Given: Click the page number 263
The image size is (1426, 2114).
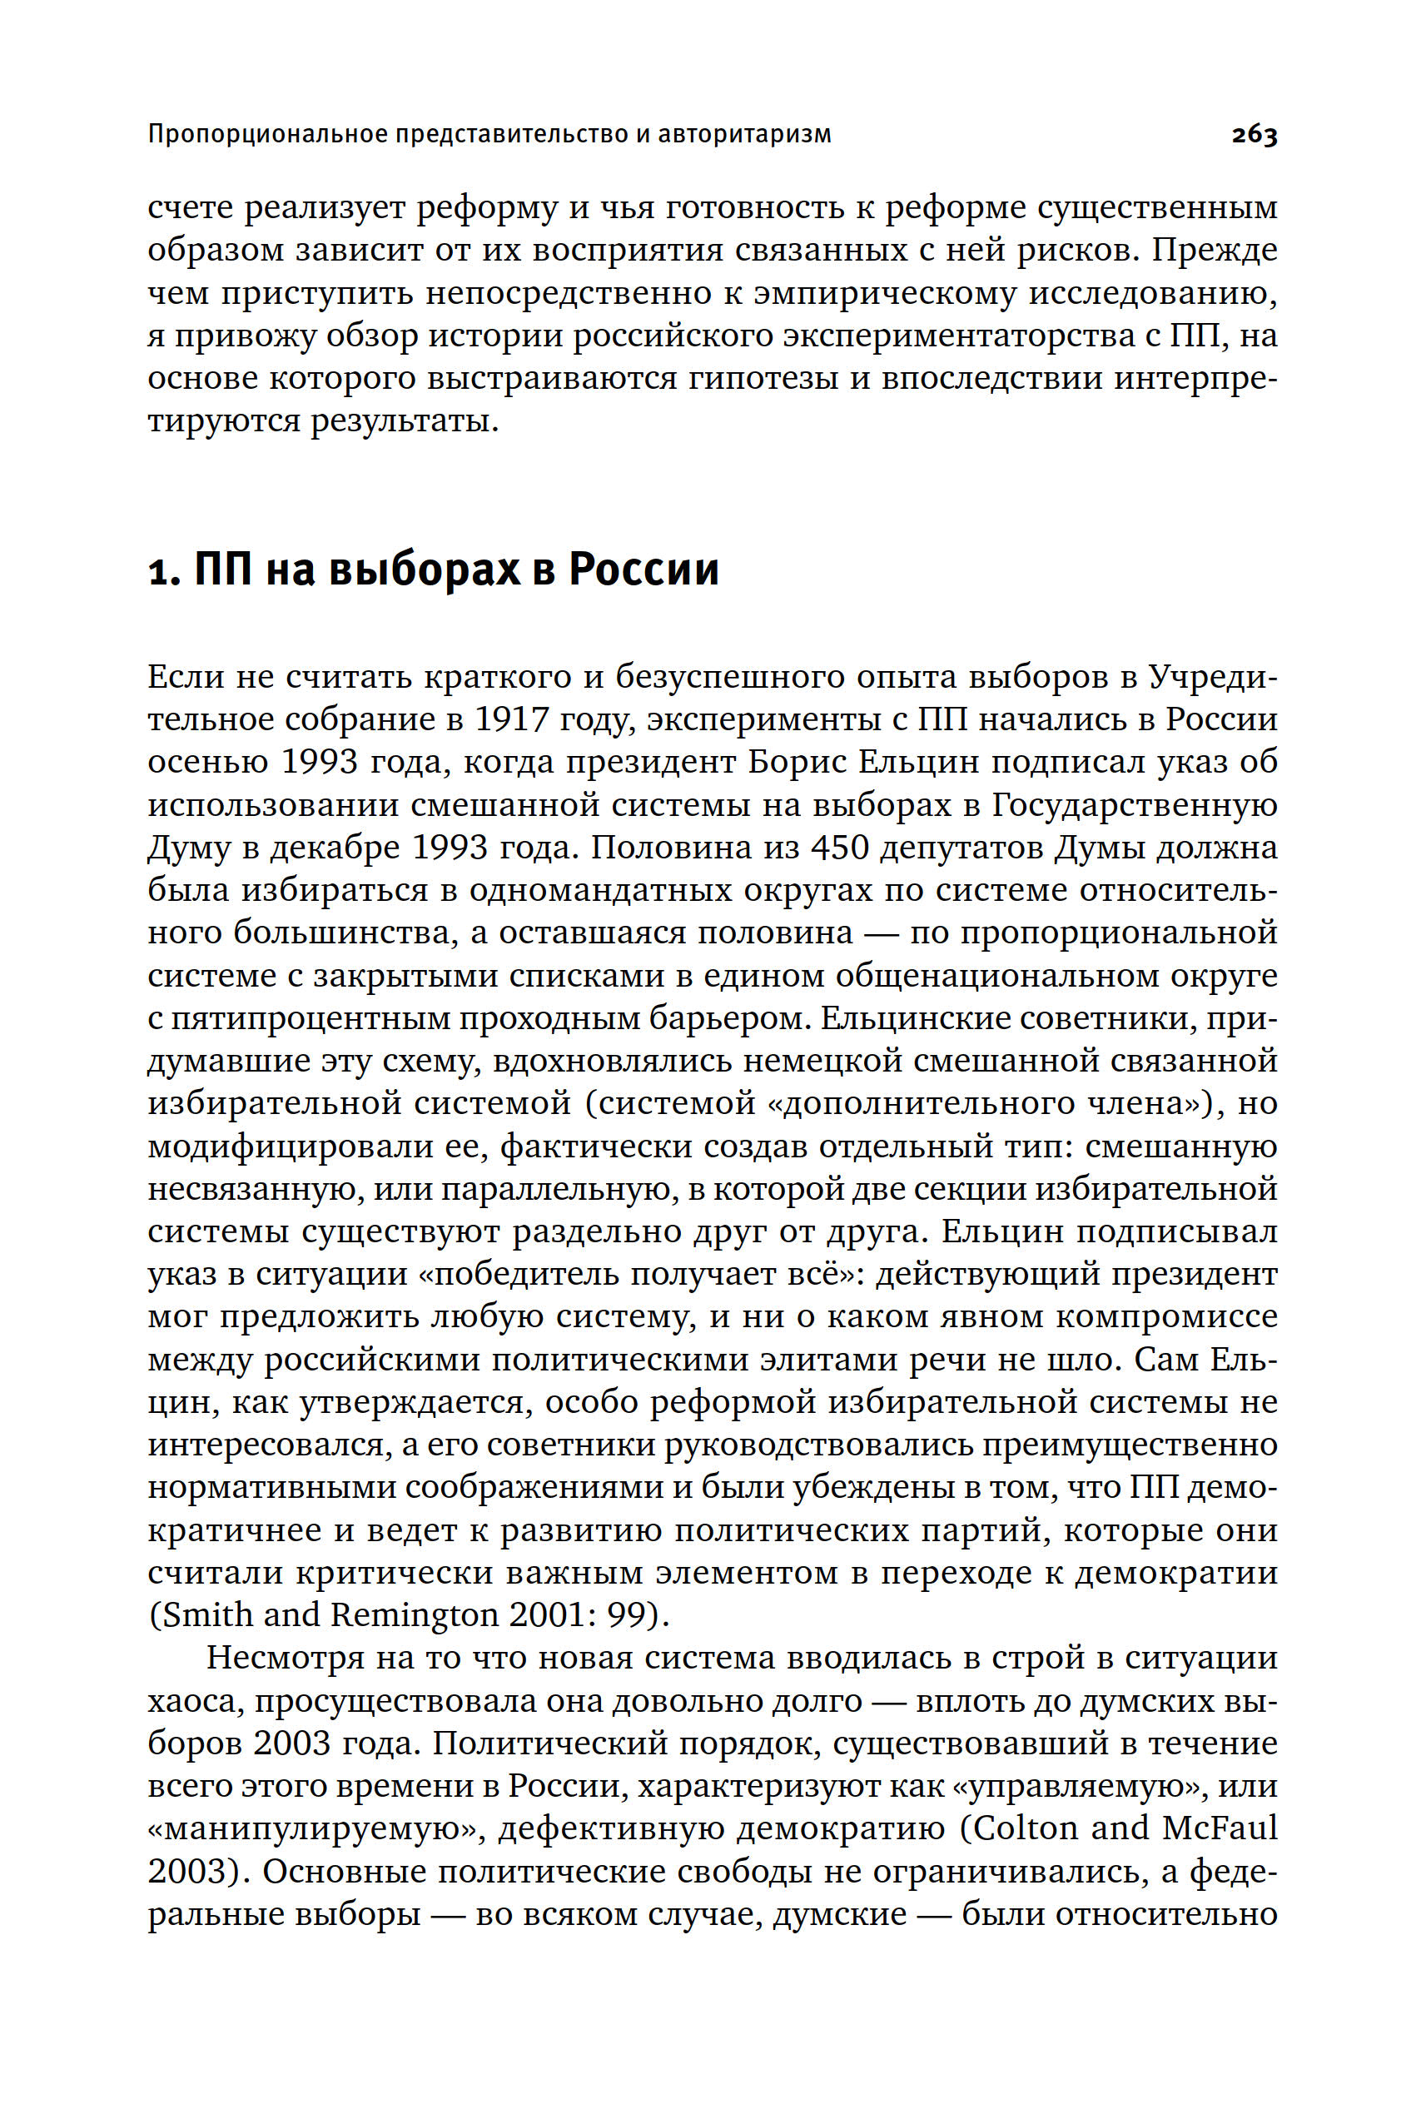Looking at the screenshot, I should [x=1255, y=135].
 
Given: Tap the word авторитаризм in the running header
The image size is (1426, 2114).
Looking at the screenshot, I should [x=744, y=135].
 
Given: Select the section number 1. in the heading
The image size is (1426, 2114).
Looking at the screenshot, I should [x=165, y=570].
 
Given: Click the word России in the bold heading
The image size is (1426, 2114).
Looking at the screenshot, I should [x=643, y=570].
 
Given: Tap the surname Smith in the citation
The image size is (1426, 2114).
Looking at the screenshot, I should [x=204, y=1614].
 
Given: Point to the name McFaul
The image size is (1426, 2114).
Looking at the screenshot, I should [x=1220, y=1828].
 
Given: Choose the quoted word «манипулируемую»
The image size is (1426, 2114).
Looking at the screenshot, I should [x=313, y=1828].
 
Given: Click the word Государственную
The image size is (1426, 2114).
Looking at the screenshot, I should [x=1133, y=805].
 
